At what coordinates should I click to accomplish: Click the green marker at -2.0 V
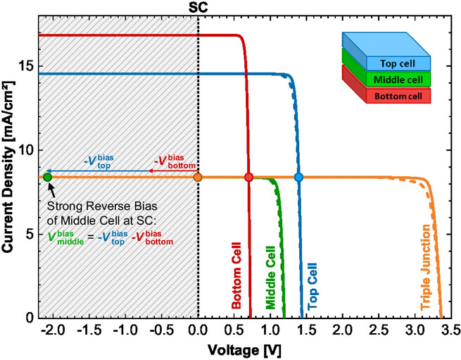[x=48, y=177]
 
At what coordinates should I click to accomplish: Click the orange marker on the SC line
[x=198, y=177]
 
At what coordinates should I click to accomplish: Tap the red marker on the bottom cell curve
[x=248, y=177]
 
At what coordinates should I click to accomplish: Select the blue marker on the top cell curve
[x=298, y=177]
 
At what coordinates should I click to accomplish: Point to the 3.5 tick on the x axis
[x=450, y=331]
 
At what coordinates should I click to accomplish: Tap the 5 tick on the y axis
[x=28, y=234]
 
